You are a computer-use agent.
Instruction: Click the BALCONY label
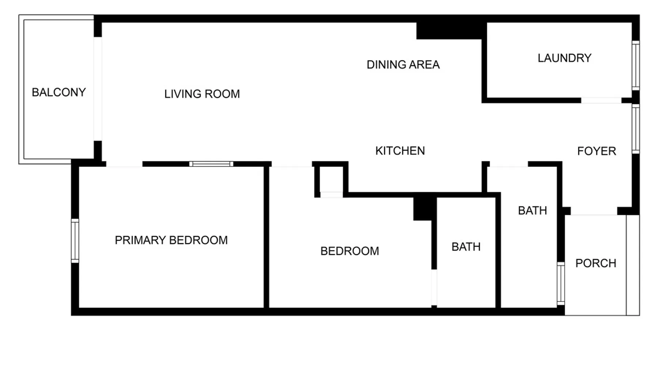[x=59, y=92]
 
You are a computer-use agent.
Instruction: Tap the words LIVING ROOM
[x=202, y=94]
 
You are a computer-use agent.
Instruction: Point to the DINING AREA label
[x=403, y=65]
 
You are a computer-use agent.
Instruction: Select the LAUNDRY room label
[x=564, y=58]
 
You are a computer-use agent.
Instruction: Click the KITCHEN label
[x=400, y=151]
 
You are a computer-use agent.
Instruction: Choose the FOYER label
[x=597, y=151]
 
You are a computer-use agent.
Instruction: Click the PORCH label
[x=596, y=263]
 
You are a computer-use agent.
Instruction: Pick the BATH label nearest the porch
[x=533, y=210]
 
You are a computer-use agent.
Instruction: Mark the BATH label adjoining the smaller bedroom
[x=466, y=247]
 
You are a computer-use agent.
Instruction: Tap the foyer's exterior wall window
[x=636, y=129]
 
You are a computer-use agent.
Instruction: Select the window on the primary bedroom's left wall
[x=75, y=241]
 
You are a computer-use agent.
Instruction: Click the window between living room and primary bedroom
[x=211, y=164]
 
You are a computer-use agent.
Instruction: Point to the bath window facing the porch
[x=561, y=283]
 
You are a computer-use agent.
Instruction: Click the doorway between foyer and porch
[x=594, y=212]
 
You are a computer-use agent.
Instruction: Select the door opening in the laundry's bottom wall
[x=601, y=100]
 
